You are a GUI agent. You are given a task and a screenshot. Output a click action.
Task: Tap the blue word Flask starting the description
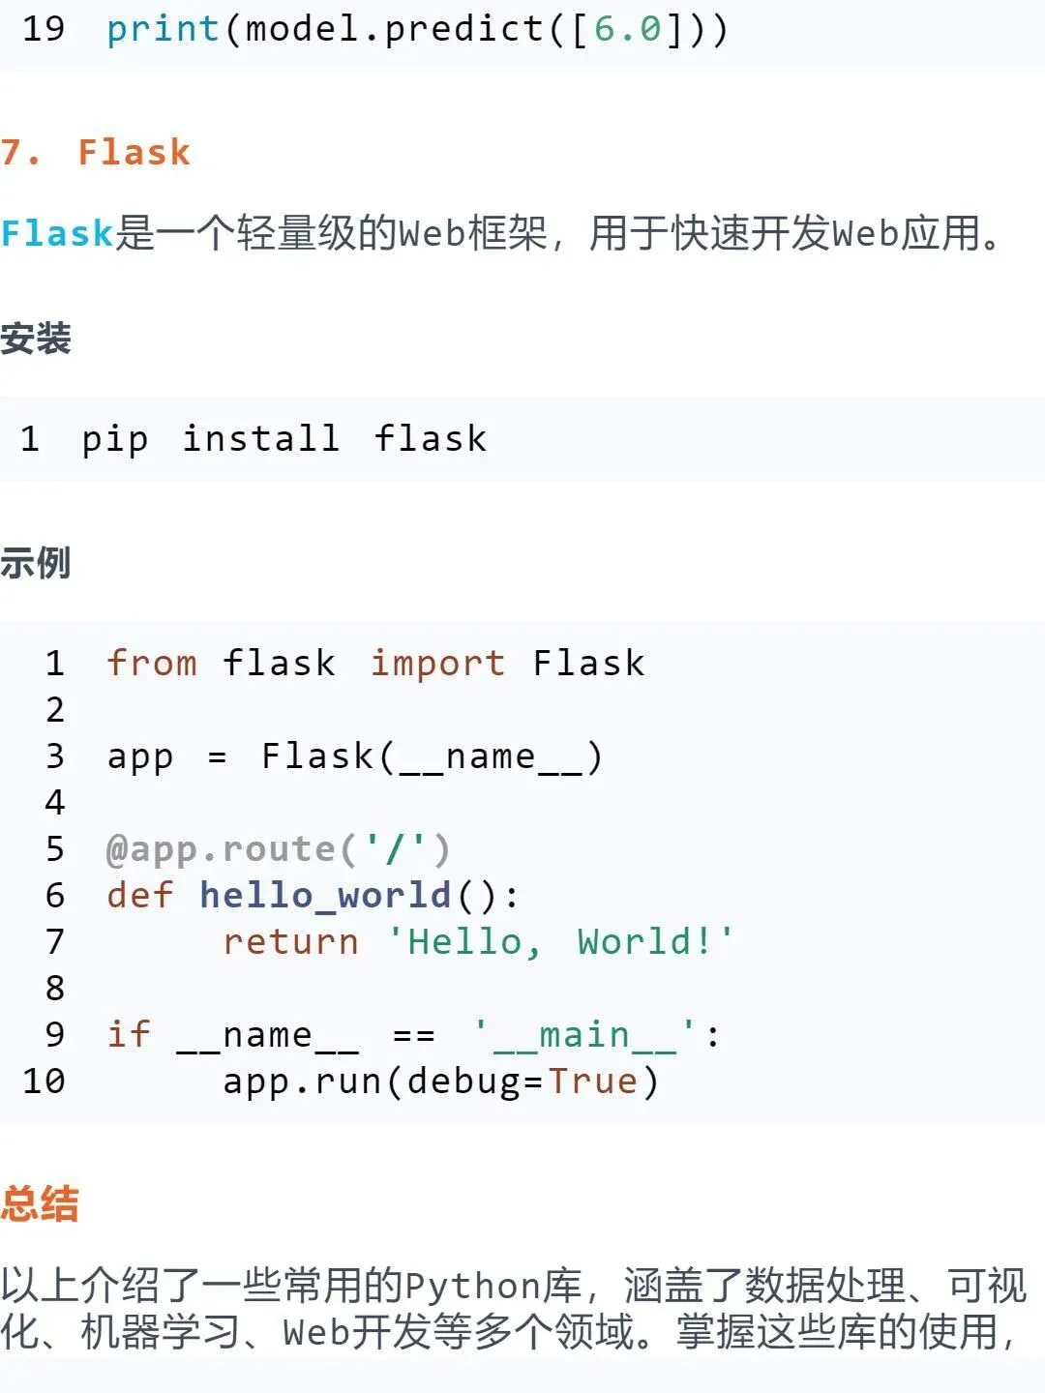pos(57,234)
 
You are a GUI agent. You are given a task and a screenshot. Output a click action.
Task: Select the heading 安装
pos(36,339)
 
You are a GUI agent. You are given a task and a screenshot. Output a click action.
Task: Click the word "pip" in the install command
pos(114,439)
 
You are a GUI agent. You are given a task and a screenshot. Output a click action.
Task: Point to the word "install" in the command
pos(261,439)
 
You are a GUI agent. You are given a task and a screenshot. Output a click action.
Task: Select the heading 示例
pos(36,562)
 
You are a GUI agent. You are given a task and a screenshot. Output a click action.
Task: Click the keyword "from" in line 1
pos(152,664)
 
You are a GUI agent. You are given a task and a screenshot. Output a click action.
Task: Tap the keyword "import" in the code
pos(437,664)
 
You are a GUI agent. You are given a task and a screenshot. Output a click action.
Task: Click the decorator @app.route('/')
pos(279,849)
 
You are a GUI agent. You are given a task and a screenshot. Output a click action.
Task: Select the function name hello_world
pos(325,896)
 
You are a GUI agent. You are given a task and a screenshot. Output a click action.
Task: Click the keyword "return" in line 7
pos(290,942)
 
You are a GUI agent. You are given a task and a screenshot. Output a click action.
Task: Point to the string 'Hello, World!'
pos(561,942)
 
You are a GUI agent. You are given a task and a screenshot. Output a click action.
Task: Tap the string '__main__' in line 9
pos(584,1035)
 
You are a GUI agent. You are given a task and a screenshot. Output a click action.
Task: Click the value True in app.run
pos(593,1082)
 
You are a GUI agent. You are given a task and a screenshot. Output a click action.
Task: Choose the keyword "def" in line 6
pos(140,896)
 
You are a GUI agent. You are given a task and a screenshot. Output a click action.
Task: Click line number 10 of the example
pos(44,1082)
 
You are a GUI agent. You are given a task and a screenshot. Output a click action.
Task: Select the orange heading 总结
pos(40,1204)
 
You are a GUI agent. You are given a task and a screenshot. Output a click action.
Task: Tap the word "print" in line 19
pos(163,29)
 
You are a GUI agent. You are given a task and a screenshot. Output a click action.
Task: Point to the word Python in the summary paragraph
pos(472,1287)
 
